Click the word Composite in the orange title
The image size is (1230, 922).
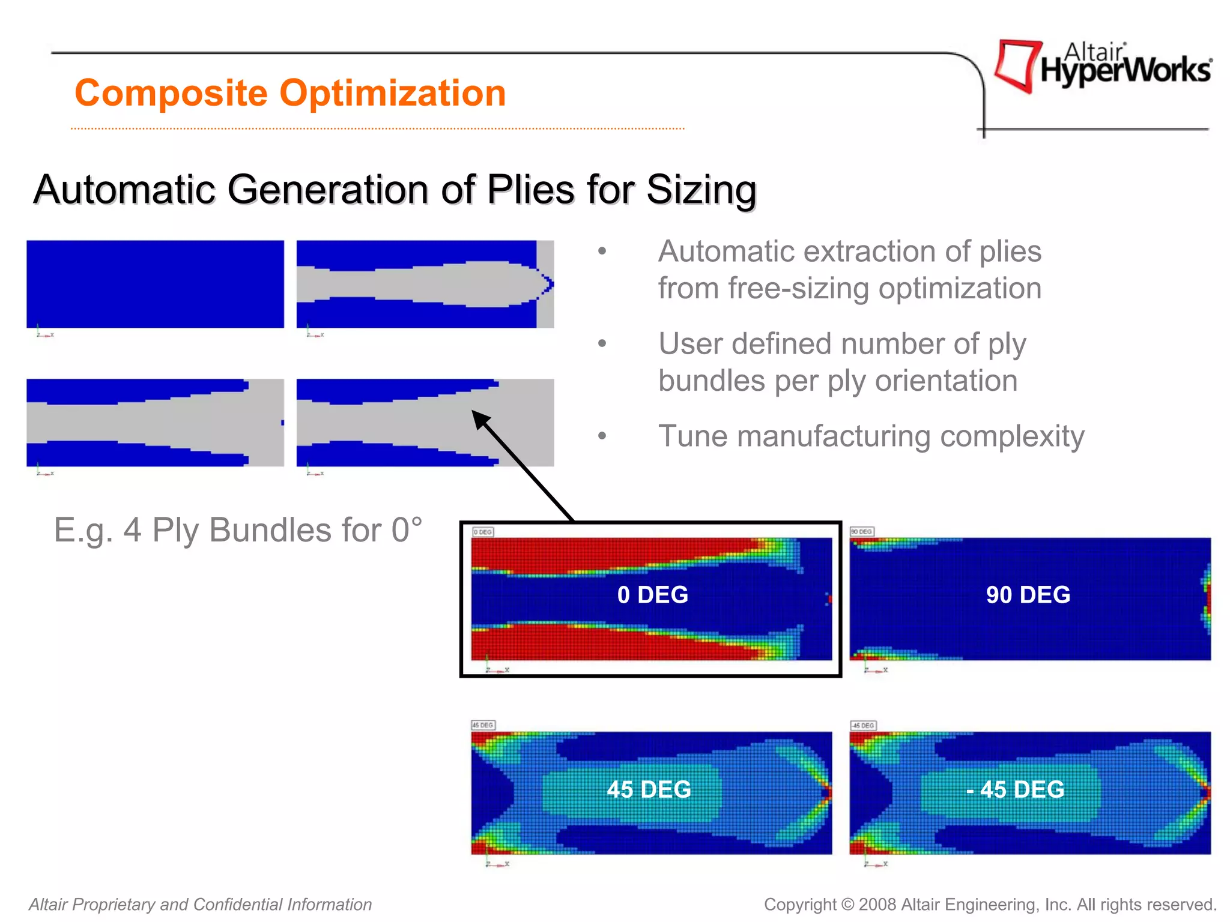coord(171,94)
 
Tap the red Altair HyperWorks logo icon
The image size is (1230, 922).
coord(1017,65)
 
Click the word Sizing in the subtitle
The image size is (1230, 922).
coord(701,190)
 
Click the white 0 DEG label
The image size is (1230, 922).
coord(652,595)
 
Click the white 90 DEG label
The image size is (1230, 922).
coord(1028,595)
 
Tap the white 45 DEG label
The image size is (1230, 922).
coord(649,789)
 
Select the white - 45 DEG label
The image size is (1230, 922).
coord(1015,789)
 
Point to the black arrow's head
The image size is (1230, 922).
coord(479,417)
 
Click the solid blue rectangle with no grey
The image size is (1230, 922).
coord(155,284)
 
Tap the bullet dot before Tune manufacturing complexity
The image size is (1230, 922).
coord(602,436)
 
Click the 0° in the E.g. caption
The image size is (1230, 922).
coord(407,531)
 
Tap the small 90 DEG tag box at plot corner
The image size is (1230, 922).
coord(861,532)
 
